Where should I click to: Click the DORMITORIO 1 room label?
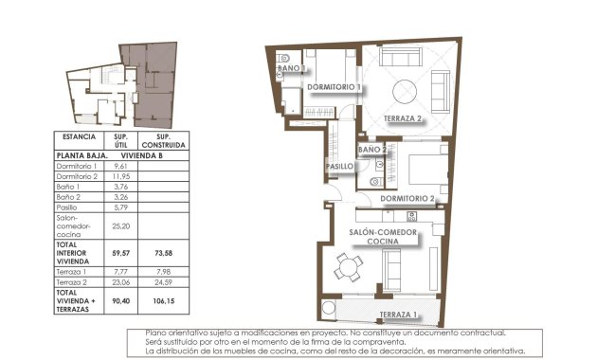point(335,87)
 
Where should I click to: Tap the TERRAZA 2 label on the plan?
point(403,118)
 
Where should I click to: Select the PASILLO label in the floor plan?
point(340,167)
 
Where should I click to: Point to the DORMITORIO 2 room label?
point(407,199)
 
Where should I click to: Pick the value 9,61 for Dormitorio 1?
point(120,166)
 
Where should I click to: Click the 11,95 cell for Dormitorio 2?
point(120,177)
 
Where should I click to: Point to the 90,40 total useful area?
point(120,300)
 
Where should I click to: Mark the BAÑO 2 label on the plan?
point(371,151)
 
